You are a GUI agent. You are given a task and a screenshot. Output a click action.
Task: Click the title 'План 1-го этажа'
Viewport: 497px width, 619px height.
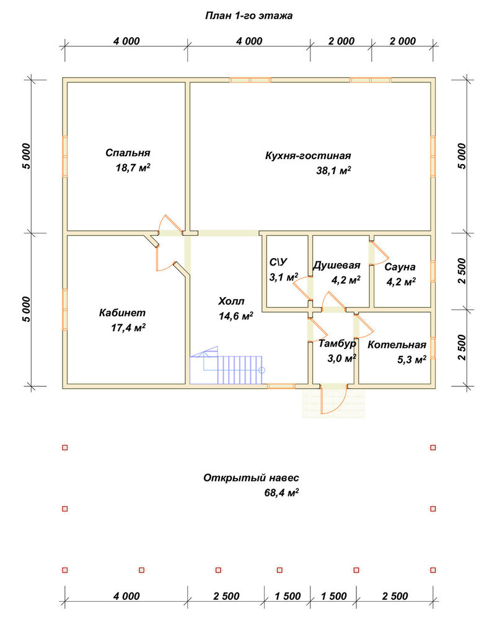pyautogui.click(x=249, y=16)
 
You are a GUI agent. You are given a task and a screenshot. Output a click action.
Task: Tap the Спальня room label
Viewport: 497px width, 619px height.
pyautogui.click(x=128, y=153)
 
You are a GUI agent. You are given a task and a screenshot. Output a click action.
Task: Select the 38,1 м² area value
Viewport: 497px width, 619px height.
pyautogui.click(x=334, y=171)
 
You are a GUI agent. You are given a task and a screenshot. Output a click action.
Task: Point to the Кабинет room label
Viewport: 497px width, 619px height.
pyautogui.click(x=122, y=313)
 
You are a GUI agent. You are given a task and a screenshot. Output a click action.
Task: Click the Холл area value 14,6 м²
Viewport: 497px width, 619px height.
pyautogui.click(x=236, y=316)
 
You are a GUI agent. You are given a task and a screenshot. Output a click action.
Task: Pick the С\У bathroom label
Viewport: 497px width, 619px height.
pyautogui.click(x=278, y=262)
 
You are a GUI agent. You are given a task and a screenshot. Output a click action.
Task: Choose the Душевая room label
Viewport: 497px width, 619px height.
pyautogui.click(x=336, y=266)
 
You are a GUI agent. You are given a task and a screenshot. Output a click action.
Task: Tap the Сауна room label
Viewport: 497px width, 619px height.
pyautogui.click(x=400, y=267)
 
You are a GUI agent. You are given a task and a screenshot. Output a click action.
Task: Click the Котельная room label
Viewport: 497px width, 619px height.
pyautogui.click(x=397, y=345)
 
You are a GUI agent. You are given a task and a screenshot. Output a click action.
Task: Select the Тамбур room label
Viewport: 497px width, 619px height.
pyautogui.click(x=337, y=344)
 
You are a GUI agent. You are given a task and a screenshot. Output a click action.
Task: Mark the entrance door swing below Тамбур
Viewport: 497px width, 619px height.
pyautogui.click(x=334, y=399)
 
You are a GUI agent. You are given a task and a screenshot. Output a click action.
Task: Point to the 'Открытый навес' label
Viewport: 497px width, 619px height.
pyautogui.click(x=251, y=478)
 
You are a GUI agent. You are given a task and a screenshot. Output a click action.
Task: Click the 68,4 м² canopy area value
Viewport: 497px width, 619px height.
pyautogui.click(x=281, y=493)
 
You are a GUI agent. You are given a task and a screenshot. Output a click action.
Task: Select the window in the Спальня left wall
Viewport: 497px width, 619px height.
pyautogui.click(x=65, y=157)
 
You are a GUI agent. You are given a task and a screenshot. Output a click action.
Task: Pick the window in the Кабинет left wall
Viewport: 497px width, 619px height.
pyautogui.click(x=65, y=309)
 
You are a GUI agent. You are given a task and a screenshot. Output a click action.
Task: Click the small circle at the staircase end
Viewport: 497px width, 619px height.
pyautogui.click(x=262, y=370)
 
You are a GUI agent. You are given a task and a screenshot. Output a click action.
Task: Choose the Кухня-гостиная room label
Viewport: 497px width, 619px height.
pyautogui.click(x=308, y=155)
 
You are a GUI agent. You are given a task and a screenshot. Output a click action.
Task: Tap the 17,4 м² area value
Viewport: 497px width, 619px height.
pyautogui.click(x=128, y=327)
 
